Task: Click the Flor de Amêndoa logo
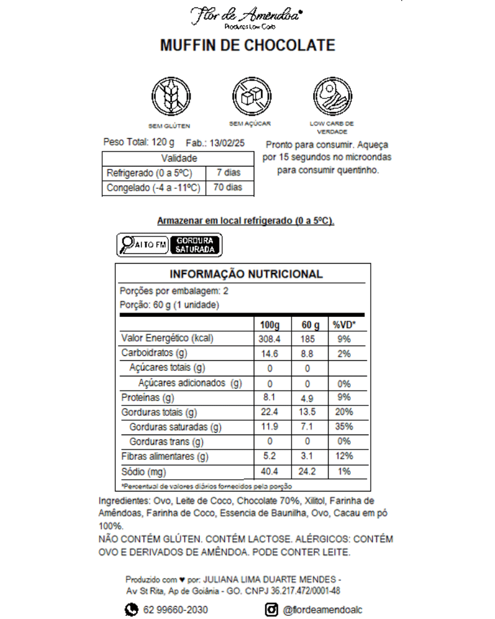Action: click(x=247, y=16)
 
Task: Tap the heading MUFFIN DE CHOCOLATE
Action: click(x=247, y=46)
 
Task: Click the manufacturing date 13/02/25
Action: click(x=228, y=143)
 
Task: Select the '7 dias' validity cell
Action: click(x=228, y=173)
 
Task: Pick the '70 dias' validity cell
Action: click(x=228, y=188)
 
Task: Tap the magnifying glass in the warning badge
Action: click(x=128, y=245)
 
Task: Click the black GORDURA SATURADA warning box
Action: click(x=195, y=245)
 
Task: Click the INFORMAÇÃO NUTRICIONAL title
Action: click(x=246, y=274)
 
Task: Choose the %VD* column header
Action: click(x=344, y=325)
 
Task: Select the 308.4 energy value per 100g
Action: click(x=269, y=339)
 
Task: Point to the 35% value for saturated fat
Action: click(x=344, y=426)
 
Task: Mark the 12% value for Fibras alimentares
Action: click(x=344, y=457)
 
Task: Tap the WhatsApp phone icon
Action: click(x=131, y=610)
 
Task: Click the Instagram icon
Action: click(x=271, y=610)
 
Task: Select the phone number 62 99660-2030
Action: click(x=175, y=610)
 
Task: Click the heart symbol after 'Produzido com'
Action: click(x=182, y=580)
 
